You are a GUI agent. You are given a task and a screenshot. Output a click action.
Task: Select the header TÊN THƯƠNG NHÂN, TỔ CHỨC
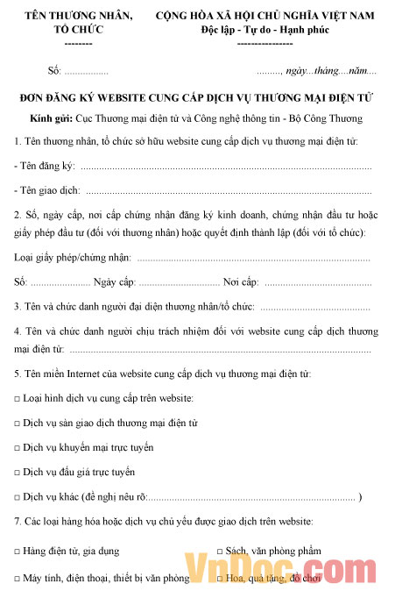click(79, 23)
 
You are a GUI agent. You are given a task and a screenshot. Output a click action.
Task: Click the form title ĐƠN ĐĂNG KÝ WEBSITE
click(196, 100)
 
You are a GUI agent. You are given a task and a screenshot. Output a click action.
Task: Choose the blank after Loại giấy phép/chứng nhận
click(254, 258)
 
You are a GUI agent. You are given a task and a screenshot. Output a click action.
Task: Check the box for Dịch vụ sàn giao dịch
click(18, 423)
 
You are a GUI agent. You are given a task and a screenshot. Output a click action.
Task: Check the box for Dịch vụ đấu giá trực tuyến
click(18, 472)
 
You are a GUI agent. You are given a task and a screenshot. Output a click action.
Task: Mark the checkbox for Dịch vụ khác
click(18, 497)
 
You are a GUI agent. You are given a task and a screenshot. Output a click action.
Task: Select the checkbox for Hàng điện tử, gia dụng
click(18, 552)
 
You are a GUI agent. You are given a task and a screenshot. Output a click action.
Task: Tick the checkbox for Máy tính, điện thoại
click(18, 579)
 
